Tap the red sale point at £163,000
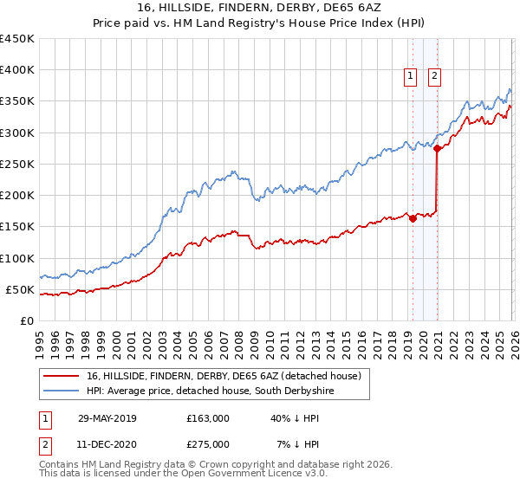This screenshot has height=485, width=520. click(413, 218)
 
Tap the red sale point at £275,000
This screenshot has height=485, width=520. click(437, 149)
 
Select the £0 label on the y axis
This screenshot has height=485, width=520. click(28, 320)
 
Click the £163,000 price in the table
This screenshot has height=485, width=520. click(207, 417)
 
